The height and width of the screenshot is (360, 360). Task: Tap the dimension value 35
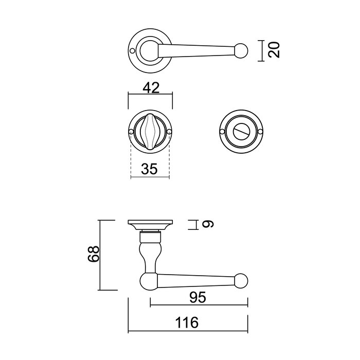pos(150,168)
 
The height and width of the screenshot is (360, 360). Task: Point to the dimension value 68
pos(93,255)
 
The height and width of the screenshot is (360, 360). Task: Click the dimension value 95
pos(199,297)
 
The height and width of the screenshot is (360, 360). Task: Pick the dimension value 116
pos(187,323)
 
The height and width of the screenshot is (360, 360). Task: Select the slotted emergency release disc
pos(242,132)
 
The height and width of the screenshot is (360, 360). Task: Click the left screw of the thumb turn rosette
pos(131,133)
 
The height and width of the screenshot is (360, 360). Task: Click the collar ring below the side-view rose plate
pos(150,237)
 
